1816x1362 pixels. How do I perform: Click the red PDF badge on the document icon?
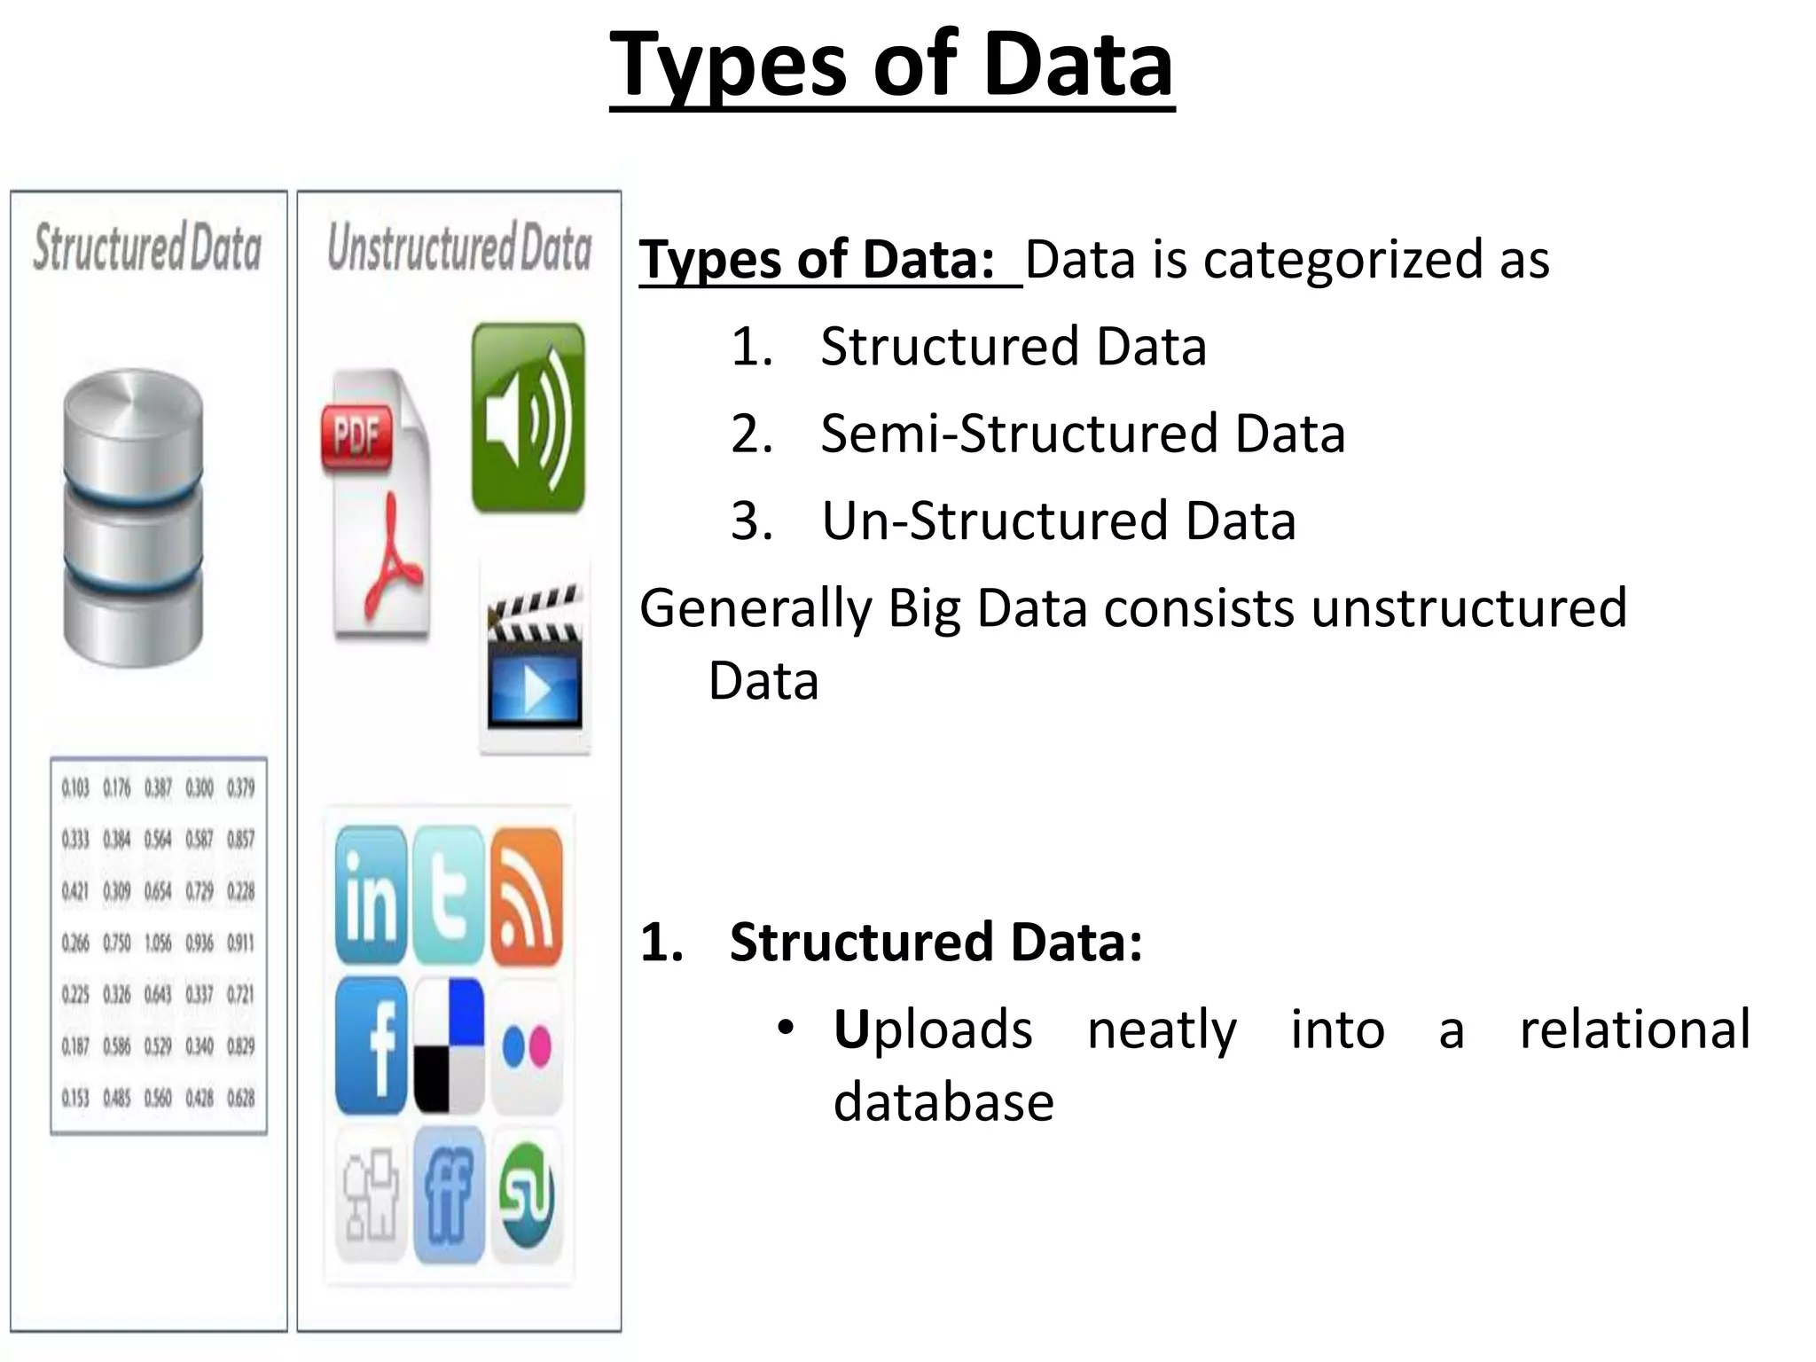pos(356,435)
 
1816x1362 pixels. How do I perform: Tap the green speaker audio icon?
pos(528,418)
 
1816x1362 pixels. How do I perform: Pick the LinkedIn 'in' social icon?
pos(371,896)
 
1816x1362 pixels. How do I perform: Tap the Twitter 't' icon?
pos(449,896)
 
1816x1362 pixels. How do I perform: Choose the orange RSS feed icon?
pos(527,896)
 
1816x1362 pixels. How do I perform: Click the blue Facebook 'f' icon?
pos(371,1046)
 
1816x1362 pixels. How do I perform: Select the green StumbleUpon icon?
pos(527,1195)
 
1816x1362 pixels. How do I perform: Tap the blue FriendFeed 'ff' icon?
pos(449,1195)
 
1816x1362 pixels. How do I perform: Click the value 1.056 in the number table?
pos(158,943)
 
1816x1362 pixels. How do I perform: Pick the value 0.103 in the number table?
pos(75,788)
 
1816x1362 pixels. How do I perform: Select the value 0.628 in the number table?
pos(240,1099)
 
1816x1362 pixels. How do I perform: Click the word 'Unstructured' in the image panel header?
pos(421,247)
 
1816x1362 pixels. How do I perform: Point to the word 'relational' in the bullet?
pos(1635,1029)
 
